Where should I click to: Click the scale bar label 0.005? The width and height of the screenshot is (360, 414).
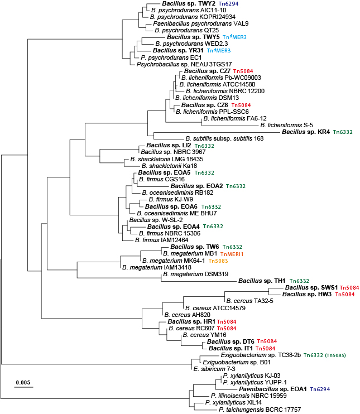pyautogui.click(x=23, y=382)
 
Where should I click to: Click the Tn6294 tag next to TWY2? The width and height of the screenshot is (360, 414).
pyautogui.click(x=228, y=4)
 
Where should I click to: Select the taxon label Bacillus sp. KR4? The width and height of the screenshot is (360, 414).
pyautogui.click(x=306, y=132)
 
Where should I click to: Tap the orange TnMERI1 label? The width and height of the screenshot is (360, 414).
pyautogui.click(x=232, y=254)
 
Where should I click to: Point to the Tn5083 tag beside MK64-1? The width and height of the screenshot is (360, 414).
pyautogui.click(x=218, y=261)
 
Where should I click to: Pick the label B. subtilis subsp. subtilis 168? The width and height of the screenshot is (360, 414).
pyautogui.click(x=224, y=138)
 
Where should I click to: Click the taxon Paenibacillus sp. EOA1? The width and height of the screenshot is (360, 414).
pyautogui.click(x=273, y=389)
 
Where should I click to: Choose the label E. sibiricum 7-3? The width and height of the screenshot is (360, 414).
pyautogui.click(x=214, y=369)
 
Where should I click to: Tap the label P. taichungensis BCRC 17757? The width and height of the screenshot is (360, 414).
pyautogui.click(x=260, y=410)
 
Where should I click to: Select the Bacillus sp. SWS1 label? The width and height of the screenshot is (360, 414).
pyautogui.click(x=311, y=287)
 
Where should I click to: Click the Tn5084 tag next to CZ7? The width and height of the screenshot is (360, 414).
pyautogui.click(x=243, y=71)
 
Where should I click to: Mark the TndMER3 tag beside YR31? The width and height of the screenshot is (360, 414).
pyautogui.click(x=219, y=50)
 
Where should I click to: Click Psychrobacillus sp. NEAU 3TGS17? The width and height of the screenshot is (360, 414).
pyautogui.click(x=184, y=64)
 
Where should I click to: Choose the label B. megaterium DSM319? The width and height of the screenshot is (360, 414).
pyautogui.click(x=196, y=274)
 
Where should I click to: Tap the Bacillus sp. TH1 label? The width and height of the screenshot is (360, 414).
pyautogui.click(x=262, y=281)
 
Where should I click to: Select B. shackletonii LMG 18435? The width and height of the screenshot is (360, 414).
pyautogui.click(x=167, y=159)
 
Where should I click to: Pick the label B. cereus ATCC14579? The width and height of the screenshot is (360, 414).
pyautogui.click(x=215, y=308)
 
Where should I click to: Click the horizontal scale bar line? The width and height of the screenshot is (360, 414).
pyautogui.click(x=24, y=387)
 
